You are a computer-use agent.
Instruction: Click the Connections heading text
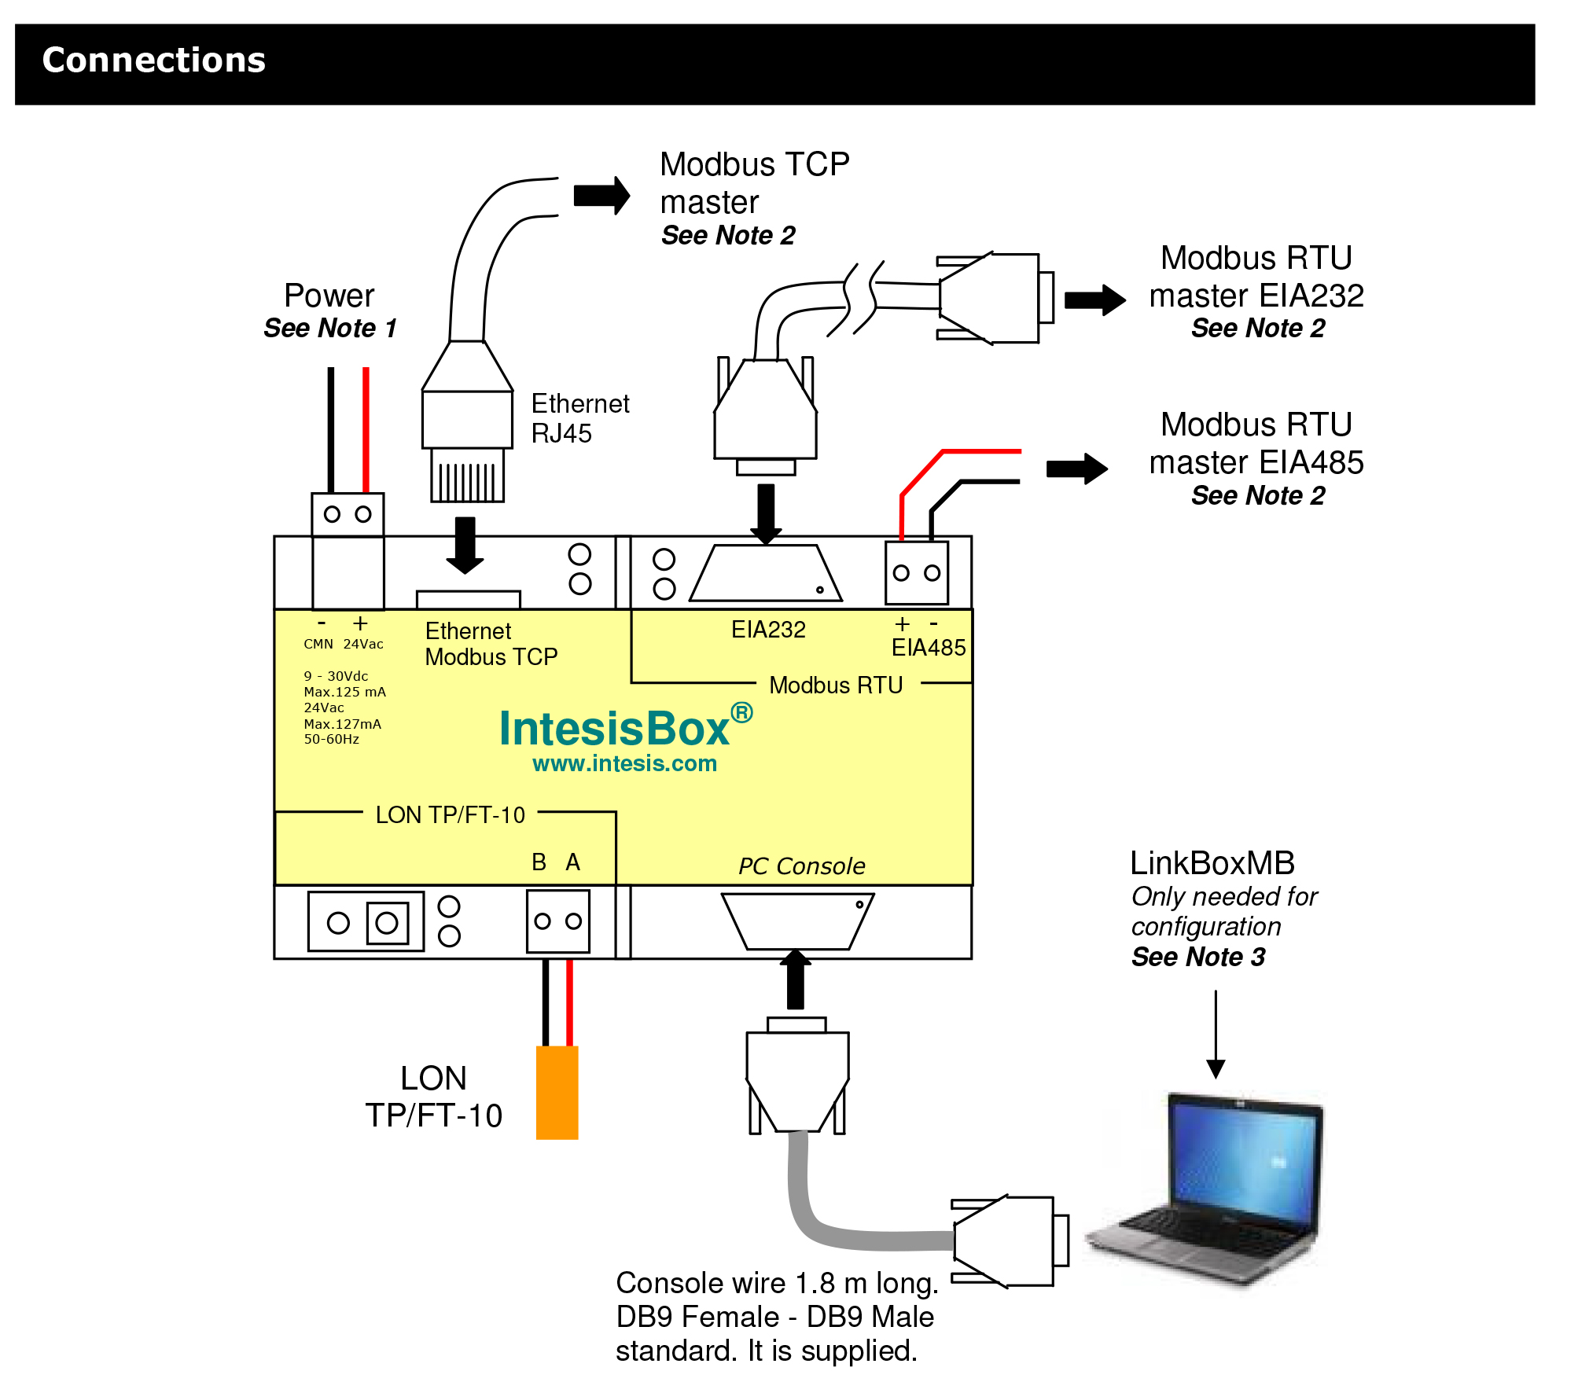pyautogui.click(x=154, y=61)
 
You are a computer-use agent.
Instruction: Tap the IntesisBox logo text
pyautogui.click(x=614, y=729)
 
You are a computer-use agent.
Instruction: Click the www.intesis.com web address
pyautogui.click(x=624, y=763)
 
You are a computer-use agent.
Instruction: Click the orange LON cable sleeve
pyautogui.click(x=557, y=1092)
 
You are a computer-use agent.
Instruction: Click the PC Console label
pyautogui.click(x=801, y=866)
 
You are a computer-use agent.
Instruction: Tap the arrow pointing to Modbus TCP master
pyautogui.click(x=601, y=195)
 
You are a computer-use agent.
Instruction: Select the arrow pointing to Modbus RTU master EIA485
pyautogui.click(x=1076, y=469)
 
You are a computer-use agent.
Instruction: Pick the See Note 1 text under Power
pyautogui.click(x=330, y=328)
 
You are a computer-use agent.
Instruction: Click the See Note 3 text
pyautogui.click(x=1198, y=957)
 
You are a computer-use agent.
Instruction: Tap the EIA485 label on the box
pyautogui.click(x=928, y=648)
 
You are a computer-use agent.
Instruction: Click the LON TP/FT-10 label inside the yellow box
pyautogui.click(x=450, y=815)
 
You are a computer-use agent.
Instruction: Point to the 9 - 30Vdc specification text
pyautogui.click(x=336, y=676)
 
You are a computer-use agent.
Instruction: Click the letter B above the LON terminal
pyautogui.click(x=539, y=862)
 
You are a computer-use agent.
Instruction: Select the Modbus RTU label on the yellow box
pyautogui.click(x=836, y=685)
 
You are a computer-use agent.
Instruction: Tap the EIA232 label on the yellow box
pyautogui.click(x=768, y=630)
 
